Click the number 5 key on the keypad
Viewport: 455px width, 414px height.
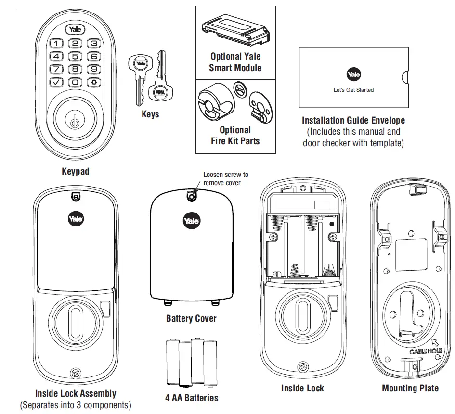coord(76,56)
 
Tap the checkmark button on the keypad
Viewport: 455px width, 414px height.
coord(57,82)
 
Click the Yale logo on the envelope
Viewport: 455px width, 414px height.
coord(353,75)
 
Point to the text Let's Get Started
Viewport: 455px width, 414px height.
coord(353,90)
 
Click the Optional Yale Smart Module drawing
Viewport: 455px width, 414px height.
coord(235,29)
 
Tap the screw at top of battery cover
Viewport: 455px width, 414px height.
coord(192,196)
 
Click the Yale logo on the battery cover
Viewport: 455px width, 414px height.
coord(192,222)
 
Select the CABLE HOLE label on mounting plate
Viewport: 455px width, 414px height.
coord(426,351)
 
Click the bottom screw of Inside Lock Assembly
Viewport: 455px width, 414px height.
coord(75,373)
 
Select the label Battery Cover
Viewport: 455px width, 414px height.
coord(191,318)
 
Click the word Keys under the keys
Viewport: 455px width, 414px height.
coord(150,114)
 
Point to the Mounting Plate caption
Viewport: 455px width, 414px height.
coord(410,388)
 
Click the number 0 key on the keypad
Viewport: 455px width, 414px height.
coord(76,82)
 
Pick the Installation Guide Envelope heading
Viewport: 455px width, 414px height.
coord(353,120)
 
